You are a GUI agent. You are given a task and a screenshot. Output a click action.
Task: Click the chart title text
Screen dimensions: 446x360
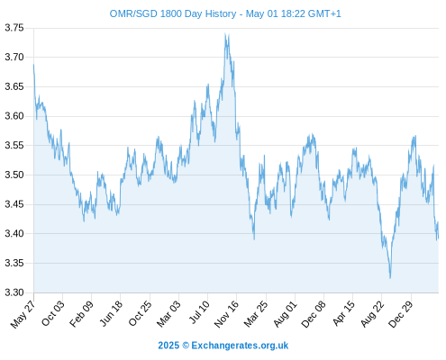point(225,13)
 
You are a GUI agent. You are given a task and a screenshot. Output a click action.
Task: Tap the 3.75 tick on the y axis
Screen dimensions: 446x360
point(14,28)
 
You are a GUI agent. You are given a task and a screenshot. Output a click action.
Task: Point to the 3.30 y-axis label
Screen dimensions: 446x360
point(14,292)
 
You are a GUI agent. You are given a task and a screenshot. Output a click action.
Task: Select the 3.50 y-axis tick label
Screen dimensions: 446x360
point(14,175)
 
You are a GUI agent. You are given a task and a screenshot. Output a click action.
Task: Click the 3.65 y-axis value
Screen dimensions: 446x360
point(14,86)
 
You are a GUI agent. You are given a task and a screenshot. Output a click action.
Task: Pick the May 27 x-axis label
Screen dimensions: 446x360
point(23,314)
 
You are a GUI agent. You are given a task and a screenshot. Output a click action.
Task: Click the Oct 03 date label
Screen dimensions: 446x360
point(53,313)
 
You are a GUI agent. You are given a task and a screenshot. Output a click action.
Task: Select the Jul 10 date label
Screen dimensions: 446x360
point(200,312)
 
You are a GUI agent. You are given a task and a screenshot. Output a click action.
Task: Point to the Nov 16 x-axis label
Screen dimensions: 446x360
point(227,314)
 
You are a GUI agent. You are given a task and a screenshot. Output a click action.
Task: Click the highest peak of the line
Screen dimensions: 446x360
point(225,33)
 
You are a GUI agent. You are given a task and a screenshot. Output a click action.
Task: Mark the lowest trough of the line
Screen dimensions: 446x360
point(390,278)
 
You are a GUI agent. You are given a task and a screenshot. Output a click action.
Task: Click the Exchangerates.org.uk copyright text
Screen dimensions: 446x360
point(223,346)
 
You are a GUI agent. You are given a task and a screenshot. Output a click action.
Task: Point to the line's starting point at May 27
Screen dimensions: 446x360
point(33,65)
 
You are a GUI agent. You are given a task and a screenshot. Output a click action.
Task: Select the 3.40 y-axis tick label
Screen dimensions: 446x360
point(14,233)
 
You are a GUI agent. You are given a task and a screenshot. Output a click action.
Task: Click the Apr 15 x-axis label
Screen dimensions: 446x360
point(344,313)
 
